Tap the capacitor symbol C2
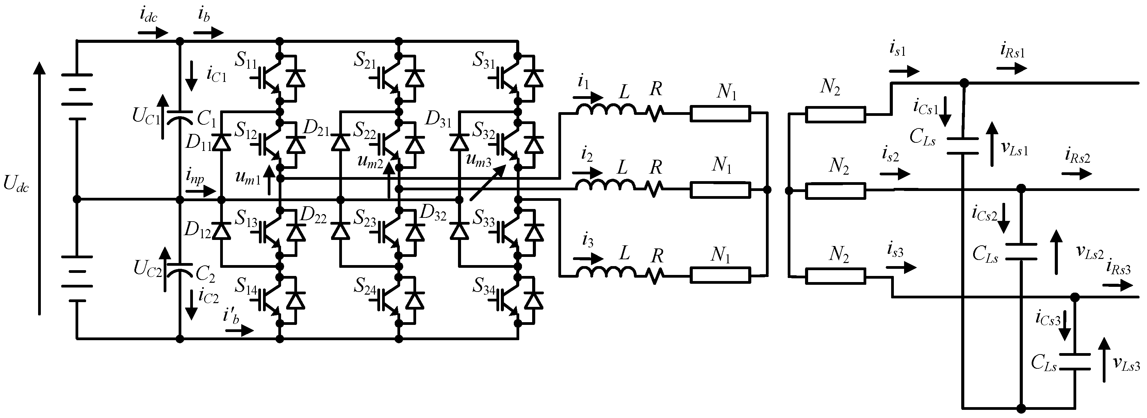180,269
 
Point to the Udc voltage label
16,184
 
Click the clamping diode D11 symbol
221,143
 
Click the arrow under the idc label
153,33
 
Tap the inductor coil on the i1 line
606,109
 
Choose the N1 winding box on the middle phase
720,190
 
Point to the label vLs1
1014,149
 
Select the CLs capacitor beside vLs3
1075,362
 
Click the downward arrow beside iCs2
1003,218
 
